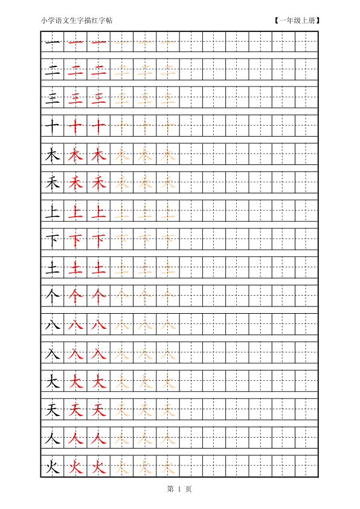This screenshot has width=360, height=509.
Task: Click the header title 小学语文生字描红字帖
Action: click(77, 21)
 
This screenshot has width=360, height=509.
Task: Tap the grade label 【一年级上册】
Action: click(296, 21)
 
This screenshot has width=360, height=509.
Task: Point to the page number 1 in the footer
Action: click(179, 488)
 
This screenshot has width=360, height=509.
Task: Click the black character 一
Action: click(53, 42)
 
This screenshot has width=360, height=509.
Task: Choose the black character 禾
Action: click(53, 183)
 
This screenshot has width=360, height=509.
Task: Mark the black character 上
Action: click(53, 212)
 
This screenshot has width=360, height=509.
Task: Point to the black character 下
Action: click(53, 240)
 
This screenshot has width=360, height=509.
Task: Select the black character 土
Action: click(53, 268)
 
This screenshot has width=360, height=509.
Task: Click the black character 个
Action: click(53, 296)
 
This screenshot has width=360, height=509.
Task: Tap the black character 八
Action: click(53, 325)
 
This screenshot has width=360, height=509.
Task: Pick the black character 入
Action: click(53, 353)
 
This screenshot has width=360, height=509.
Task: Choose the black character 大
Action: click(53, 381)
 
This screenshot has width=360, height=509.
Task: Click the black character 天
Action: click(53, 410)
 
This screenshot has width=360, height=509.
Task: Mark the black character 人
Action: click(53, 438)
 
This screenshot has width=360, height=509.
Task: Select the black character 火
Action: click(53, 467)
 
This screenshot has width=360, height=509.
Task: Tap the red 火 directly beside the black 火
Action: click(76, 467)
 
